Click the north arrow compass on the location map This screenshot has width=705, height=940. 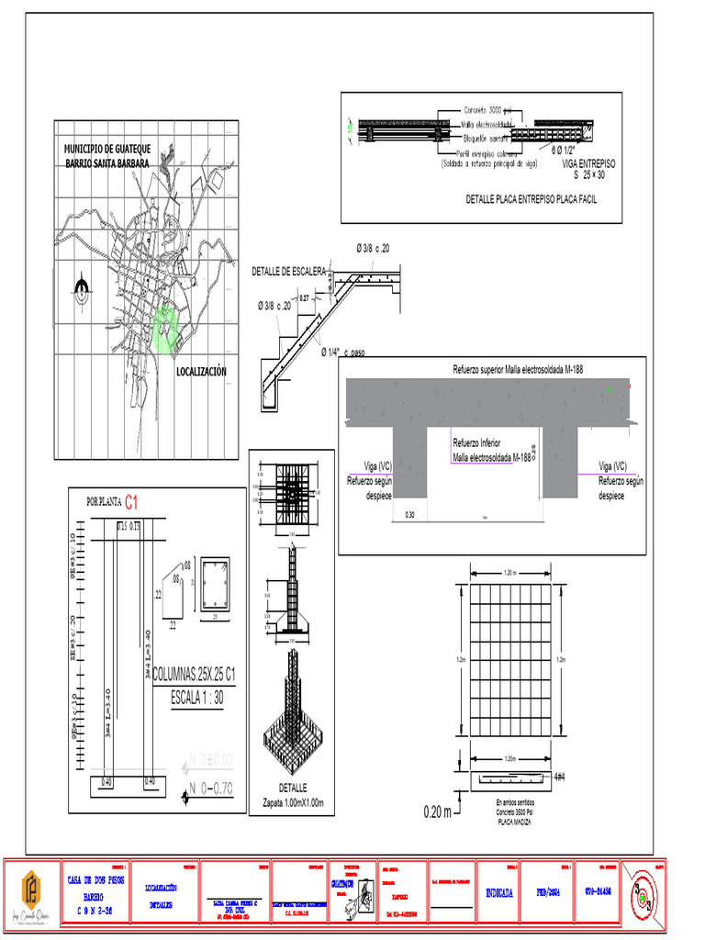(x=83, y=290)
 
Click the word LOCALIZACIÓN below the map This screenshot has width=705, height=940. (x=201, y=372)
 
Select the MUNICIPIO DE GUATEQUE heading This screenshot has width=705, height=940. (x=107, y=149)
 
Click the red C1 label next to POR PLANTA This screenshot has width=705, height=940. (x=132, y=502)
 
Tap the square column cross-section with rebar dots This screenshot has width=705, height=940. (x=216, y=585)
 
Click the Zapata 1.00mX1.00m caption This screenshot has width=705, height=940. (x=293, y=803)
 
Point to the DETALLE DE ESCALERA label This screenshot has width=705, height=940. (x=288, y=272)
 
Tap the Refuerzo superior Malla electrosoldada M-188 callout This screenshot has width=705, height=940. (x=518, y=369)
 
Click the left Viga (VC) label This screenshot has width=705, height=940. (x=365, y=465)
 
